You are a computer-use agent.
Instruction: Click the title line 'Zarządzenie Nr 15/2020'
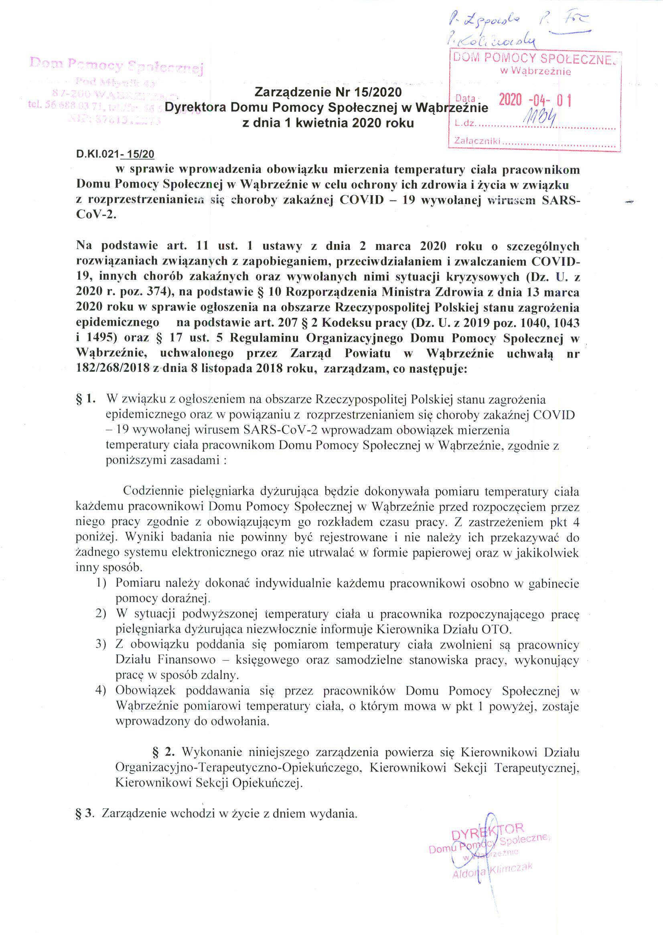pyautogui.click(x=328, y=93)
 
